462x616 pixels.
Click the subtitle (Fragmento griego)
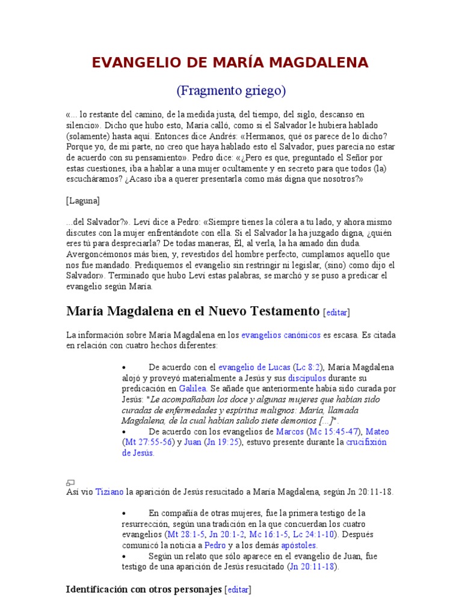point(231,91)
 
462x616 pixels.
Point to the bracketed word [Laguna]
point(83,200)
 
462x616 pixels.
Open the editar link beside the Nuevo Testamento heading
point(336,312)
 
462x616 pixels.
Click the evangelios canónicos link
point(281,335)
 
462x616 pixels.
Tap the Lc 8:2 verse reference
point(307,367)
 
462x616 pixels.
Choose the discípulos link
point(307,378)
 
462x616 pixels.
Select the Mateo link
point(378,431)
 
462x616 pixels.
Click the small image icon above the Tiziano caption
point(70,482)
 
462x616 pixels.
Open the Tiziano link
point(109,491)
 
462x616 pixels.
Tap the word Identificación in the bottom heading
point(97,590)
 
